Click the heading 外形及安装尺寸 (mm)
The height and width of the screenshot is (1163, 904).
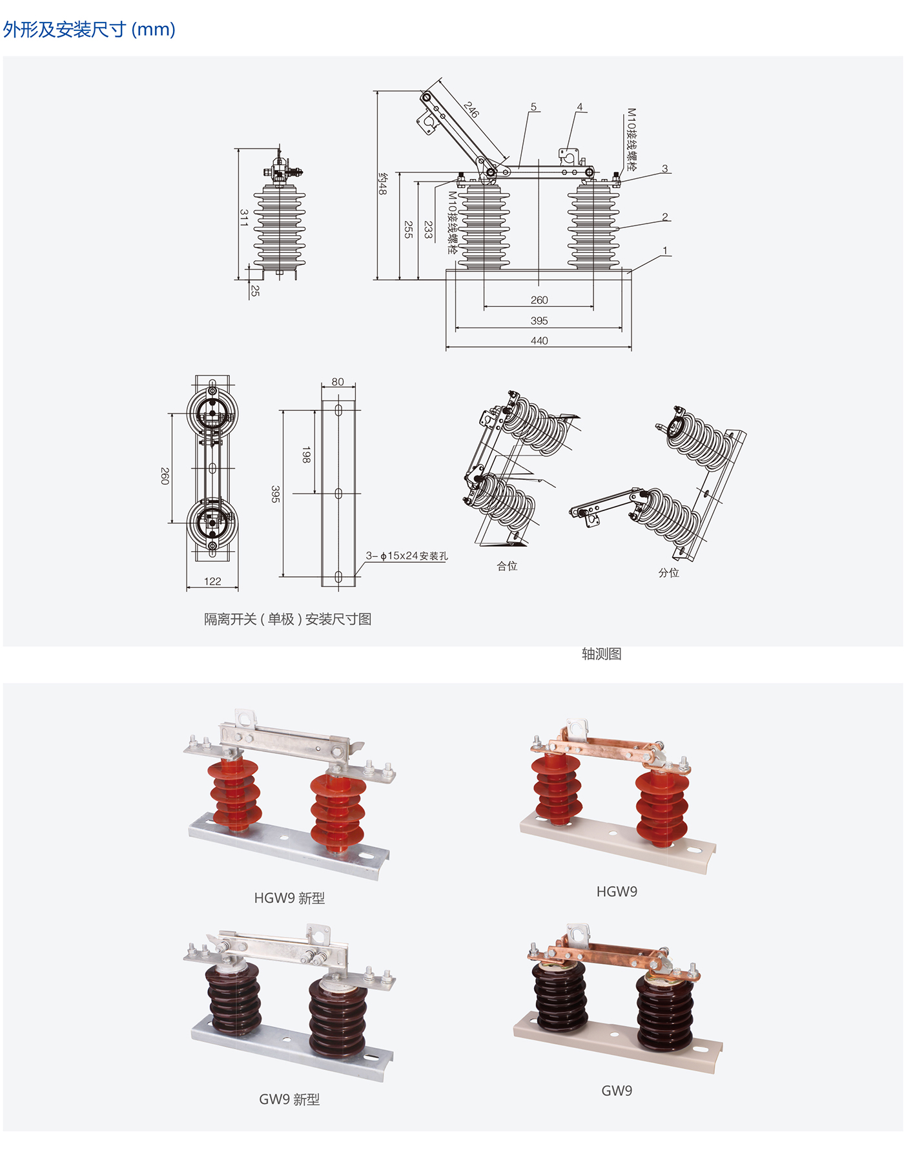coord(89,30)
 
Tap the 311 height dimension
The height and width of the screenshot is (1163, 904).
coord(243,218)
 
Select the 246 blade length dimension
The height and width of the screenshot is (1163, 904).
coord(471,110)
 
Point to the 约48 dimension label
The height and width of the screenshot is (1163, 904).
coord(382,183)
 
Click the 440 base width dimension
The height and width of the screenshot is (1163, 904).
coord(539,341)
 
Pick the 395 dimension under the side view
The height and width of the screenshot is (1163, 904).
coord(539,320)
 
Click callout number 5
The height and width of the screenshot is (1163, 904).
coord(533,107)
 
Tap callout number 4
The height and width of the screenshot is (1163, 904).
coord(580,107)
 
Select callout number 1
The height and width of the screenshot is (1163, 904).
coord(665,250)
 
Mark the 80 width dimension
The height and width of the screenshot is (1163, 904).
coord(338,382)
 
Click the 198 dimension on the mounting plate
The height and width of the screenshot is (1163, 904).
coord(306,455)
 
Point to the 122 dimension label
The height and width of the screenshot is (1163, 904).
coord(212,581)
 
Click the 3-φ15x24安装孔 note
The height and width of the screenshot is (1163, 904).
coord(407,556)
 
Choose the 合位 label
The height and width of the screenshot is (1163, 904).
coord(507,566)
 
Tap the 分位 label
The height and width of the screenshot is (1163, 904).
coord(669,572)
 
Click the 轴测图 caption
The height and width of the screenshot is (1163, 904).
coord(602,654)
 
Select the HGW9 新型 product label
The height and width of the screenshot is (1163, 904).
coord(289,898)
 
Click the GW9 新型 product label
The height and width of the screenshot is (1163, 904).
coord(289,1099)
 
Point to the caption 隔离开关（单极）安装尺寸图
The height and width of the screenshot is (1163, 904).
coord(288,619)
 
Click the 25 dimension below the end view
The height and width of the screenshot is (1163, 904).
coord(255,291)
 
